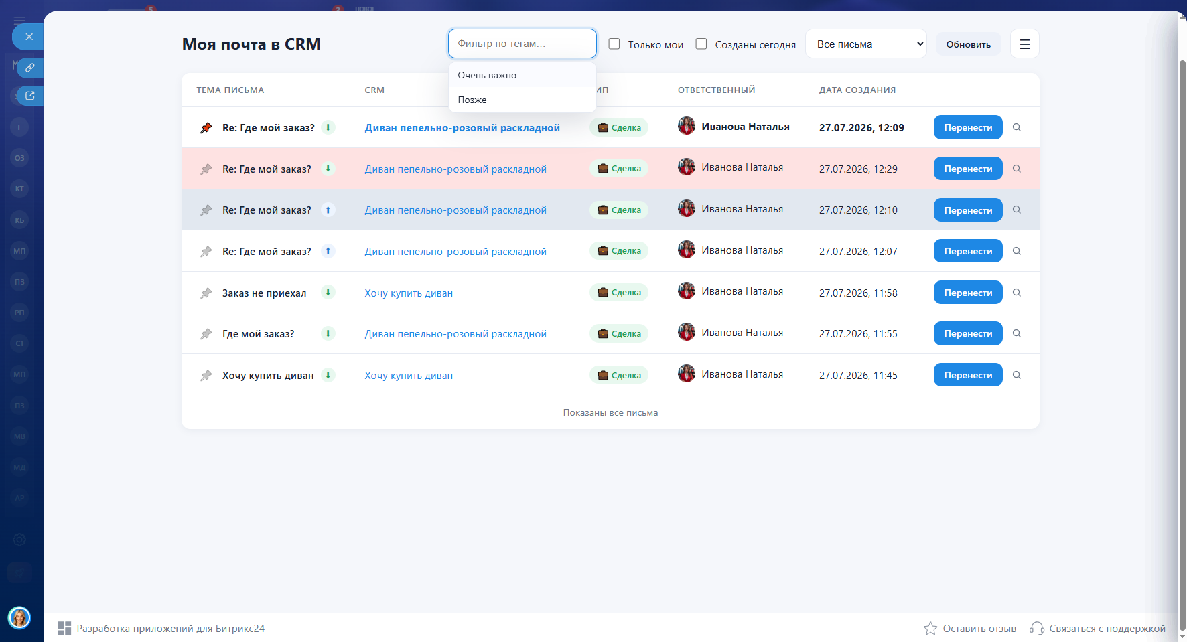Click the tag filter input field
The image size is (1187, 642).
pos(522,44)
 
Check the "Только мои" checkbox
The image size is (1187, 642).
pos(614,44)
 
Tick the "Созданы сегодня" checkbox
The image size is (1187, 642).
pos(701,44)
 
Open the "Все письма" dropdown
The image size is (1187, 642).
pos(866,44)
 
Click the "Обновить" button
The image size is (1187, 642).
pos(968,44)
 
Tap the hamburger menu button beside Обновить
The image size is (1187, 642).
pos(1024,44)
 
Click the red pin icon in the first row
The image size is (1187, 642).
pos(206,127)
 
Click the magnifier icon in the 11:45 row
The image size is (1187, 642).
pos(1017,375)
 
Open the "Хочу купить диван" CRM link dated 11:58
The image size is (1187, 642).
pos(409,293)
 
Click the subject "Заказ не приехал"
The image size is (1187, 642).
pos(264,293)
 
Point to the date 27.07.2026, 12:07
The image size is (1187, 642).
pos(858,251)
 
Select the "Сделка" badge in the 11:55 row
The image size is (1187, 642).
pos(619,333)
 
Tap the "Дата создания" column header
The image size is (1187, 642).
pos(857,90)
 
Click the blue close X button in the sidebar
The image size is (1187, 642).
pos(29,37)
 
